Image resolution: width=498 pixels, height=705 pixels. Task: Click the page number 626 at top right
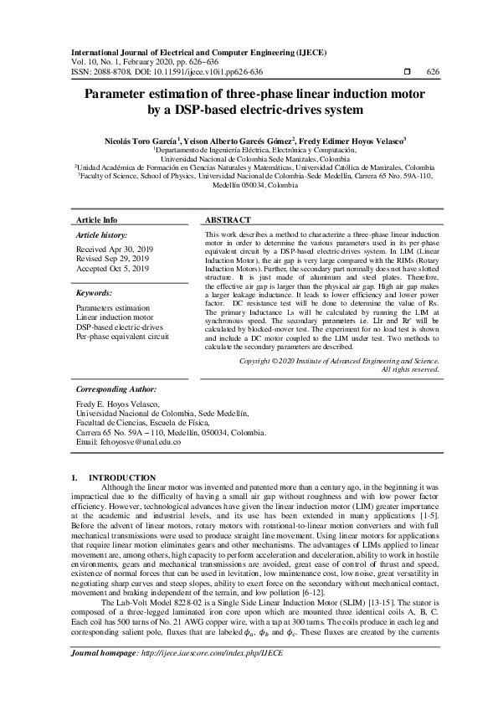pos(433,72)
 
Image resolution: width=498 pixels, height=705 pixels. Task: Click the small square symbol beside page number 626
pos(407,72)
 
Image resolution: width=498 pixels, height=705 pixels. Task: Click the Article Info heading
pos(96,219)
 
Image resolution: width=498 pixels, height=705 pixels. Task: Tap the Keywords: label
pos(94,293)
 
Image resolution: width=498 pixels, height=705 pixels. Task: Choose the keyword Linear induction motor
pos(115,318)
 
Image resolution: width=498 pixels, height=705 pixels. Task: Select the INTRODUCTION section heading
pos(121,476)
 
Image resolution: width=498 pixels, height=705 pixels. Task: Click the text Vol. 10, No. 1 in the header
pos(97,63)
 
